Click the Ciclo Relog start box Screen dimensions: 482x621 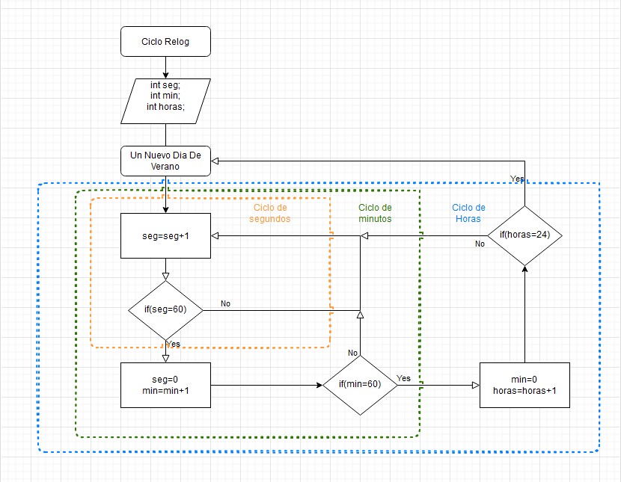[165, 42]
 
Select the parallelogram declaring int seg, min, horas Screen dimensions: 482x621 [165, 101]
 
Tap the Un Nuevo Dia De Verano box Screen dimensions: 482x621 [165, 161]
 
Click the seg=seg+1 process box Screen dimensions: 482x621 [165, 235]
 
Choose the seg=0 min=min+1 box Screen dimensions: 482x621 [165, 385]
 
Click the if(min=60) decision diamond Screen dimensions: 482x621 [360, 385]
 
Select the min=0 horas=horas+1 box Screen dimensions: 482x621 [524, 385]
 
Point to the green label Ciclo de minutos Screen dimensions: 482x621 [375, 213]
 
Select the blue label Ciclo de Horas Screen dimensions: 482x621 [469, 213]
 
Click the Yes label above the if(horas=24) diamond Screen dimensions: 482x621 [516, 179]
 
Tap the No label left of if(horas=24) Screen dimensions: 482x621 [480, 244]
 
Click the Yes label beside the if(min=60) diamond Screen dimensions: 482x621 [403, 378]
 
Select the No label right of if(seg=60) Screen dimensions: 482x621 [225, 303]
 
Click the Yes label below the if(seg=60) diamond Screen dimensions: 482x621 [173, 344]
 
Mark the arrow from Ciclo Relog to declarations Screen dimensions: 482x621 [165, 67]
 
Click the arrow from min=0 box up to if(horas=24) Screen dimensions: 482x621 [524, 314]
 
